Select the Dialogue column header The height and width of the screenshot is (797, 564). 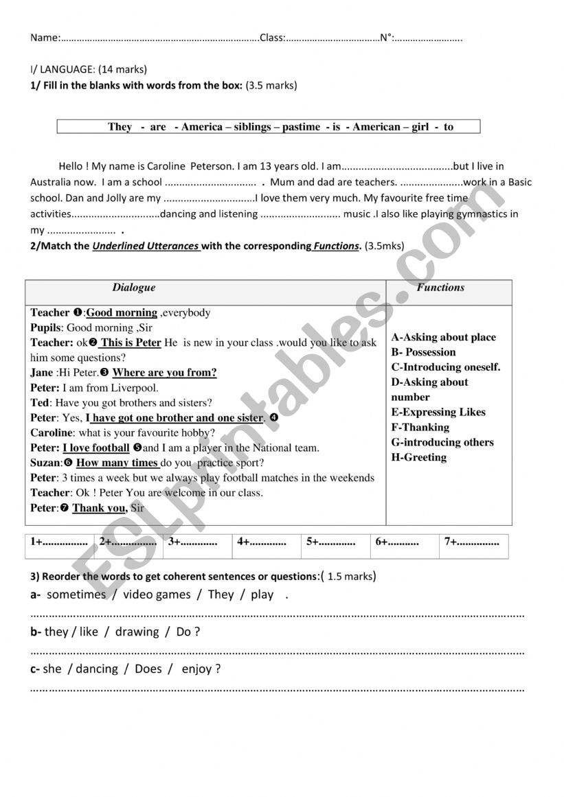[x=134, y=288]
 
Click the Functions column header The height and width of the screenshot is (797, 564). [x=440, y=288]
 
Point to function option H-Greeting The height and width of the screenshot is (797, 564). [x=418, y=457]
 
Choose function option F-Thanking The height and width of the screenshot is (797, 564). [x=420, y=427]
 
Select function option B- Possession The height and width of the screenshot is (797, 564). [x=423, y=352]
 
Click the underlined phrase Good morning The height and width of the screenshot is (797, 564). [x=122, y=313]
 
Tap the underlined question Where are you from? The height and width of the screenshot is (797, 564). [x=164, y=373]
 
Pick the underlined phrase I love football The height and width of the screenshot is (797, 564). [x=96, y=448]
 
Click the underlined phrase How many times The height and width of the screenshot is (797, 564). [x=117, y=463]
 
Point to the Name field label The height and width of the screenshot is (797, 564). [x=45, y=38]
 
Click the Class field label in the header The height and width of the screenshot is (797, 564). [x=272, y=38]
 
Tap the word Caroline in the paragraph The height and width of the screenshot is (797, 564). [x=164, y=166]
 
